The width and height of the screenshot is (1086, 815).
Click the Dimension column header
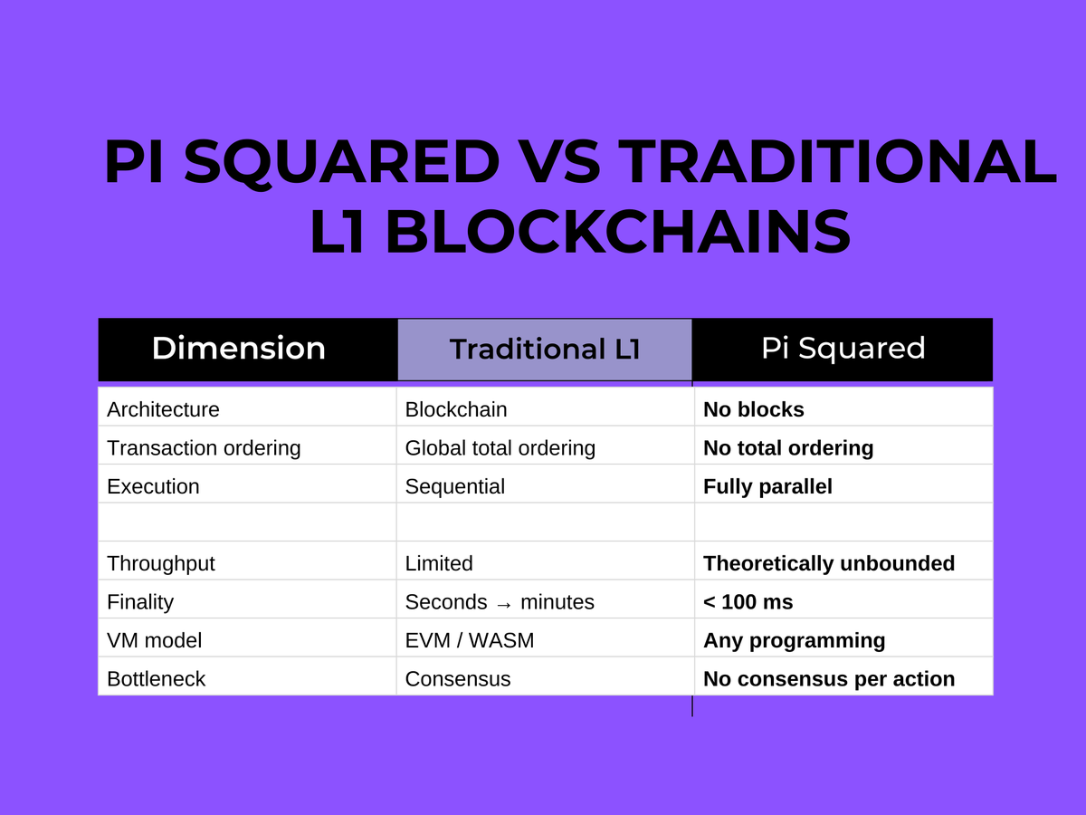(239, 349)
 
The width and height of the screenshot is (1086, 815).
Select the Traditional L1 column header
(545, 350)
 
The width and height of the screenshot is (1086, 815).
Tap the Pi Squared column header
(843, 349)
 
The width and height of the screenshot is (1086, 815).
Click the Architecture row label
(163, 409)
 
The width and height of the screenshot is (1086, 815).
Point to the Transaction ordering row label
(204, 448)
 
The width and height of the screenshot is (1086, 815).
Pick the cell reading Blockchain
(456, 409)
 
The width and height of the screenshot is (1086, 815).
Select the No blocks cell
(754, 409)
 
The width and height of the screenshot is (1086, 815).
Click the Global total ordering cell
(500, 448)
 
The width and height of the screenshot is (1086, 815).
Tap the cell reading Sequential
(455, 486)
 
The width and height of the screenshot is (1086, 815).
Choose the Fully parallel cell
(767, 486)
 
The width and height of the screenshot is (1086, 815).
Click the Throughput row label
(161, 563)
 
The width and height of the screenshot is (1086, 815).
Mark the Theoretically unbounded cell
(829, 563)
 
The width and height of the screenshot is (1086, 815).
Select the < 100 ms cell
(748, 602)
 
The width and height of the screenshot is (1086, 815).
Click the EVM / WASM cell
(470, 640)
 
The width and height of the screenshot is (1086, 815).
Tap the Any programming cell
(794, 640)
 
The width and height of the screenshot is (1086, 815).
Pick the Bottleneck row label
(157, 679)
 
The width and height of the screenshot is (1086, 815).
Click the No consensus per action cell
(829, 679)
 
